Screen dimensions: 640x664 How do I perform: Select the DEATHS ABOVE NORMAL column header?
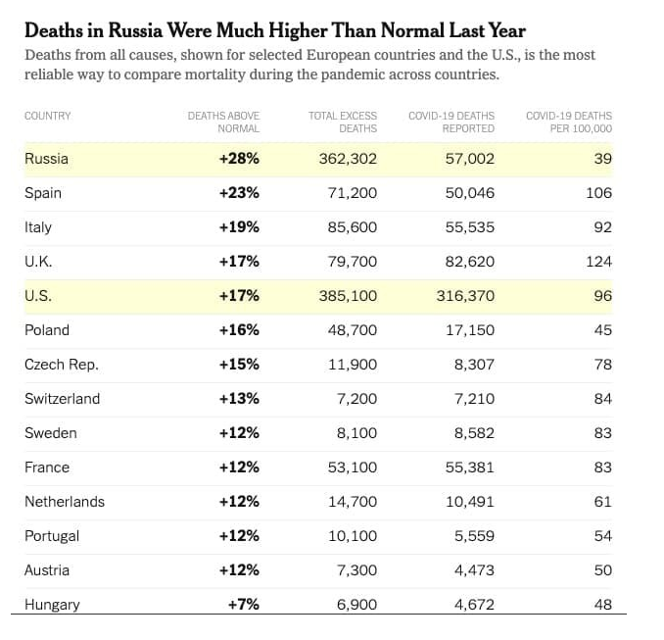(223, 122)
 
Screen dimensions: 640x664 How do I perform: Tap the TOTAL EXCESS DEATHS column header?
(343, 122)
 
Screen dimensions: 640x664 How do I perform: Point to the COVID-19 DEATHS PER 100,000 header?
(569, 122)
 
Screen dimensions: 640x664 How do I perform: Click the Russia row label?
(46, 159)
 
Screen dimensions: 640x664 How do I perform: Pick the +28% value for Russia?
(239, 159)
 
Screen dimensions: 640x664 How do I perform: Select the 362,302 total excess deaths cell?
(348, 159)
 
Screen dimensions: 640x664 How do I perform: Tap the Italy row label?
(38, 227)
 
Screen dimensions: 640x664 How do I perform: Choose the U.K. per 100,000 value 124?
(598, 262)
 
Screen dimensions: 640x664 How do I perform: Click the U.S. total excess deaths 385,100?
(348, 296)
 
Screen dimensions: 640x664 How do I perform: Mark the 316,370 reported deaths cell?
(465, 296)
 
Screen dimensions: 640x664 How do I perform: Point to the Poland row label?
(47, 330)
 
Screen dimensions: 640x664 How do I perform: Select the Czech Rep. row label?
(62, 365)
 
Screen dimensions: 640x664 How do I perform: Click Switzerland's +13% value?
(239, 399)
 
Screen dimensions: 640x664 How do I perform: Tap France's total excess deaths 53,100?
(352, 468)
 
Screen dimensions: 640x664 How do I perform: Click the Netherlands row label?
(65, 502)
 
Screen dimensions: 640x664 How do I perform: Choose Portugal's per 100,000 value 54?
(602, 536)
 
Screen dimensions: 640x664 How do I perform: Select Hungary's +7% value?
(243, 605)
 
